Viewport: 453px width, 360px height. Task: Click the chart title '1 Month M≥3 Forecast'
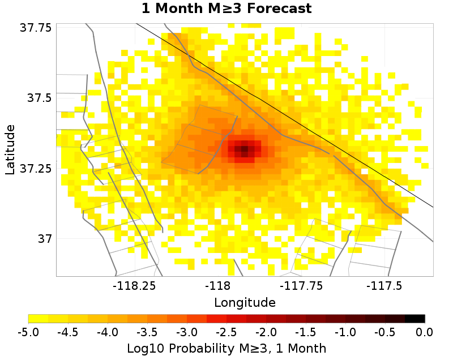(x=226, y=8)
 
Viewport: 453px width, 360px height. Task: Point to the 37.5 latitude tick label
(x=40, y=98)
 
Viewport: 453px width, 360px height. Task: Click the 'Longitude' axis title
(x=245, y=302)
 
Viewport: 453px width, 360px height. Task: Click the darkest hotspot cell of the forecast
(x=242, y=150)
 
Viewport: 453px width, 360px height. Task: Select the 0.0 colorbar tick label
(x=425, y=331)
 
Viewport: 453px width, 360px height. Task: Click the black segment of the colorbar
(x=415, y=318)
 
